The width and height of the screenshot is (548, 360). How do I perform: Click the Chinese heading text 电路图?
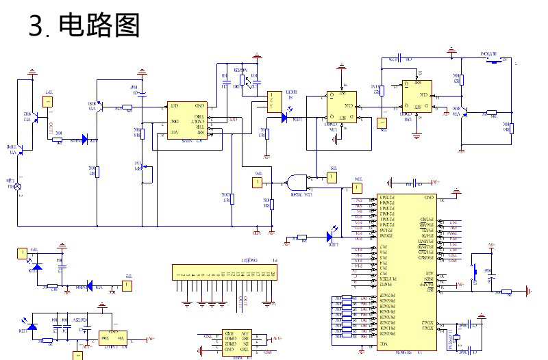[x=100, y=25]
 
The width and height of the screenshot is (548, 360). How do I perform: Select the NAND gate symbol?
[x=297, y=183]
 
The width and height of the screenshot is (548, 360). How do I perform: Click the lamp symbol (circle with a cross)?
[x=18, y=186]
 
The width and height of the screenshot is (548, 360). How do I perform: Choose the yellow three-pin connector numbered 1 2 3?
[x=274, y=101]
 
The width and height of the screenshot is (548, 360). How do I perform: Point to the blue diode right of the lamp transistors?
[x=86, y=140]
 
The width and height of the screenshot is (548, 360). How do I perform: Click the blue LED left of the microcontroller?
[x=329, y=237]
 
